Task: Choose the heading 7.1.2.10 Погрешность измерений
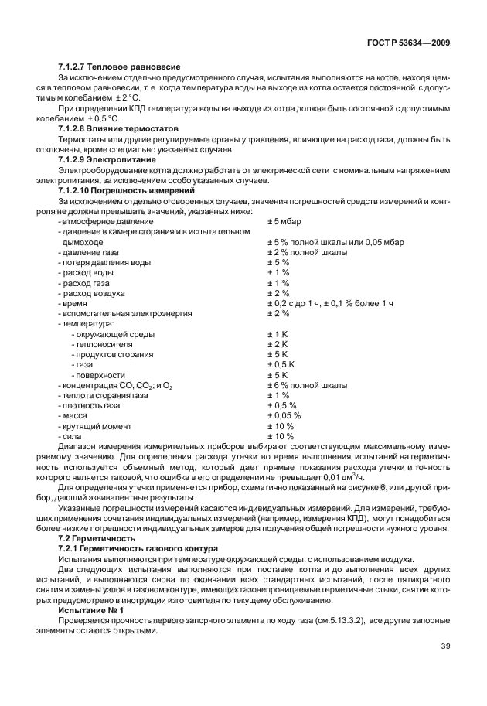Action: [x=127, y=189]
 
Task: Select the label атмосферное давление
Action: [x=100, y=221]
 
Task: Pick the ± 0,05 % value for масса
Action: [x=284, y=415]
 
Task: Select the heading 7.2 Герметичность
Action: [x=97, y=537]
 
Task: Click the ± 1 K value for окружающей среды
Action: [x=278, y=334]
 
